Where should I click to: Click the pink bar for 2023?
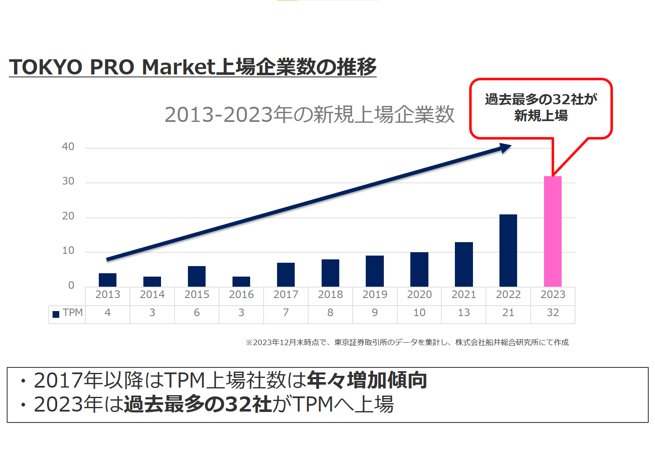552,231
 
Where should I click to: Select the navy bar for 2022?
508,251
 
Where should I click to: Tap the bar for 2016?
241,282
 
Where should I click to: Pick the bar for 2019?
375,271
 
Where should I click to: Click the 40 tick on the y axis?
68,147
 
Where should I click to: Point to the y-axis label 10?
68,251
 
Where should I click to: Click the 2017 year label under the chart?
286,295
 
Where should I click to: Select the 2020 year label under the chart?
419,295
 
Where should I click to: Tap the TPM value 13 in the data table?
464,313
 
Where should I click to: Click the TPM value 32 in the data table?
552,313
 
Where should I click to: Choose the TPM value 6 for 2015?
197,313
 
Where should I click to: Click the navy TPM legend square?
56,314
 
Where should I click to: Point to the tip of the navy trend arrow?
510,146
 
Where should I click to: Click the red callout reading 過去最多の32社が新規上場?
541,108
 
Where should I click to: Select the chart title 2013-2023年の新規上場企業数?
309,115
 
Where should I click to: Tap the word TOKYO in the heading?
46,67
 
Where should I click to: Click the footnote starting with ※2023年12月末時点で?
407,343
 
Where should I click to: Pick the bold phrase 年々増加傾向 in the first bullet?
367,380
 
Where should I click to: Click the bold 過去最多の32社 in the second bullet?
198,404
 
